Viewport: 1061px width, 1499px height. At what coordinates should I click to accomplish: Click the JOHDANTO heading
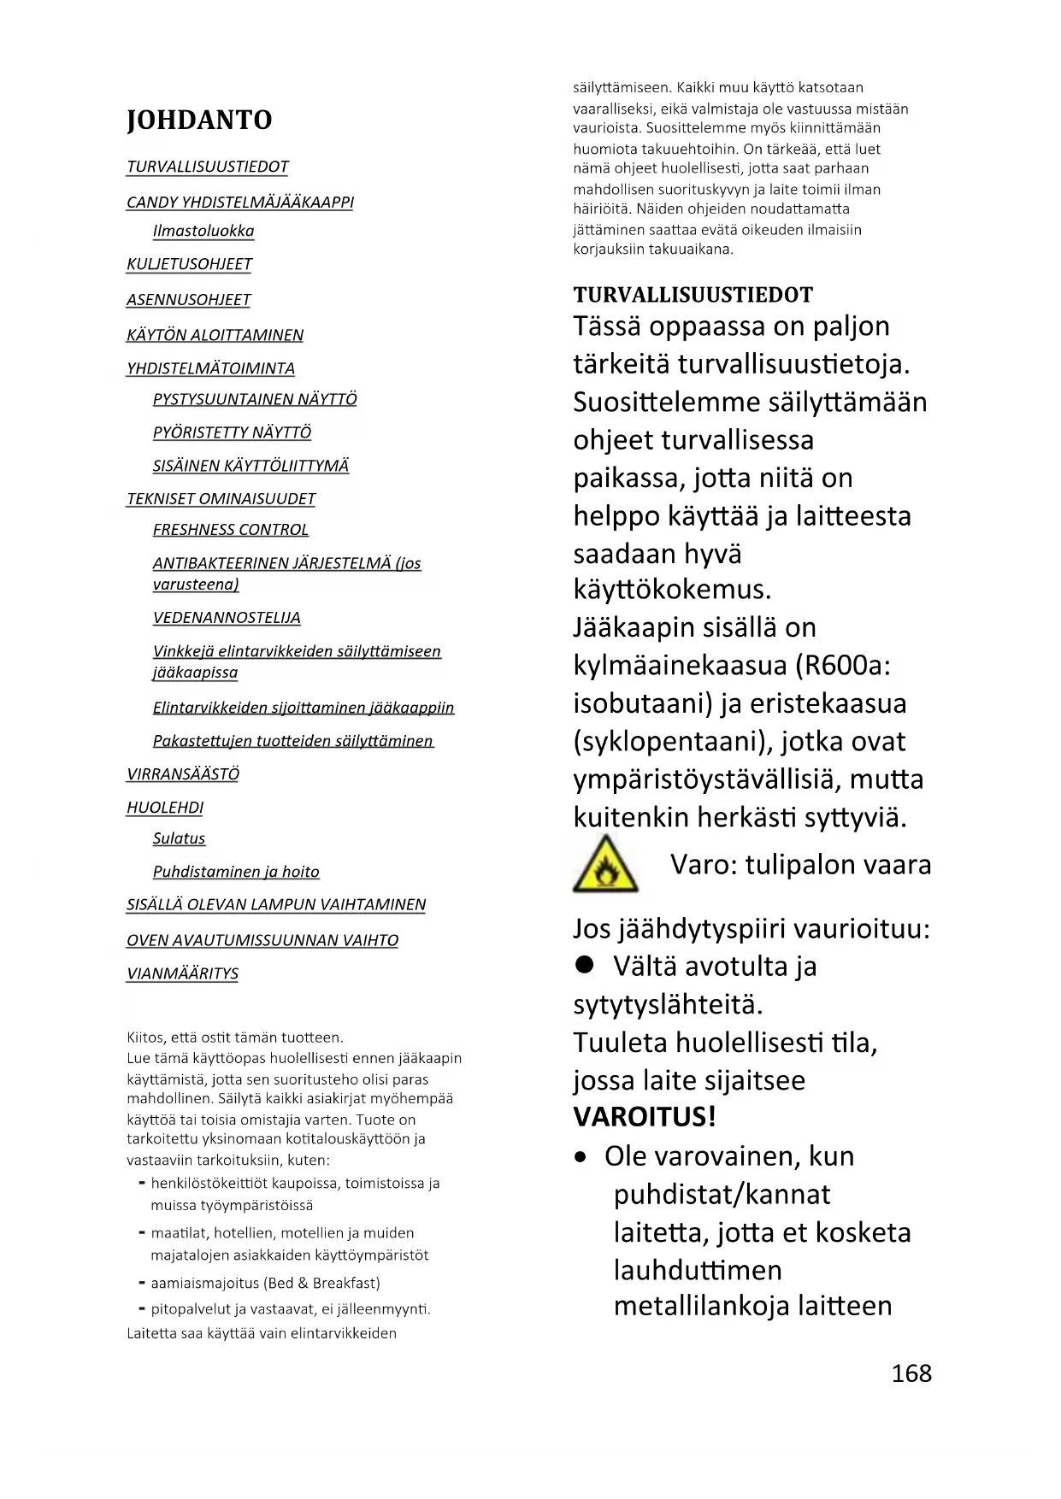199,121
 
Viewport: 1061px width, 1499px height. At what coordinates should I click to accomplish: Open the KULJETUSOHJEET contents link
189,264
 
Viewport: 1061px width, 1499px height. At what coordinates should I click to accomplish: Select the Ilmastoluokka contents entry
203,231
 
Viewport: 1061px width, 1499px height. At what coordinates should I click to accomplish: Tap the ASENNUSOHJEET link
188,300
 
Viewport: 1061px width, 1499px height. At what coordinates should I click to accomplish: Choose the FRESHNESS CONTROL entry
230,530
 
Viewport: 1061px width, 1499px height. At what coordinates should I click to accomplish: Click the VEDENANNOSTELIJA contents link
227,618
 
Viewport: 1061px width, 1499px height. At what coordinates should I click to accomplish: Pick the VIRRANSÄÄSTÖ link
182,774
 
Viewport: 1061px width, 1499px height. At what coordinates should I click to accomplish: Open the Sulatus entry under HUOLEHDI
179,838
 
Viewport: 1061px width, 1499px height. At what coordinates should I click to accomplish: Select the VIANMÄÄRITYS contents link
182,973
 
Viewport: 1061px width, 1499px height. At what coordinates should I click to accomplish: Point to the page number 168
911,1373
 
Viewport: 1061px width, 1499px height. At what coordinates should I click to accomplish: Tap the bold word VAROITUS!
645,1117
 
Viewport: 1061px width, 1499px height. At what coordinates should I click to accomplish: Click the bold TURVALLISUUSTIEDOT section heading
693,295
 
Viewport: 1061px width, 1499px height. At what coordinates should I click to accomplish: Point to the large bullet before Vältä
585,965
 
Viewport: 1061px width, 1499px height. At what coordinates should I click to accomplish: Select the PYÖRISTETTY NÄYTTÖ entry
232,432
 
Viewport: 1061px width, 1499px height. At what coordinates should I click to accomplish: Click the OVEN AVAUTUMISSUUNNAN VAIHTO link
262,940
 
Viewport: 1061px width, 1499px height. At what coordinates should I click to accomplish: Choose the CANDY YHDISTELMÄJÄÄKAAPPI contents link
239,203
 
